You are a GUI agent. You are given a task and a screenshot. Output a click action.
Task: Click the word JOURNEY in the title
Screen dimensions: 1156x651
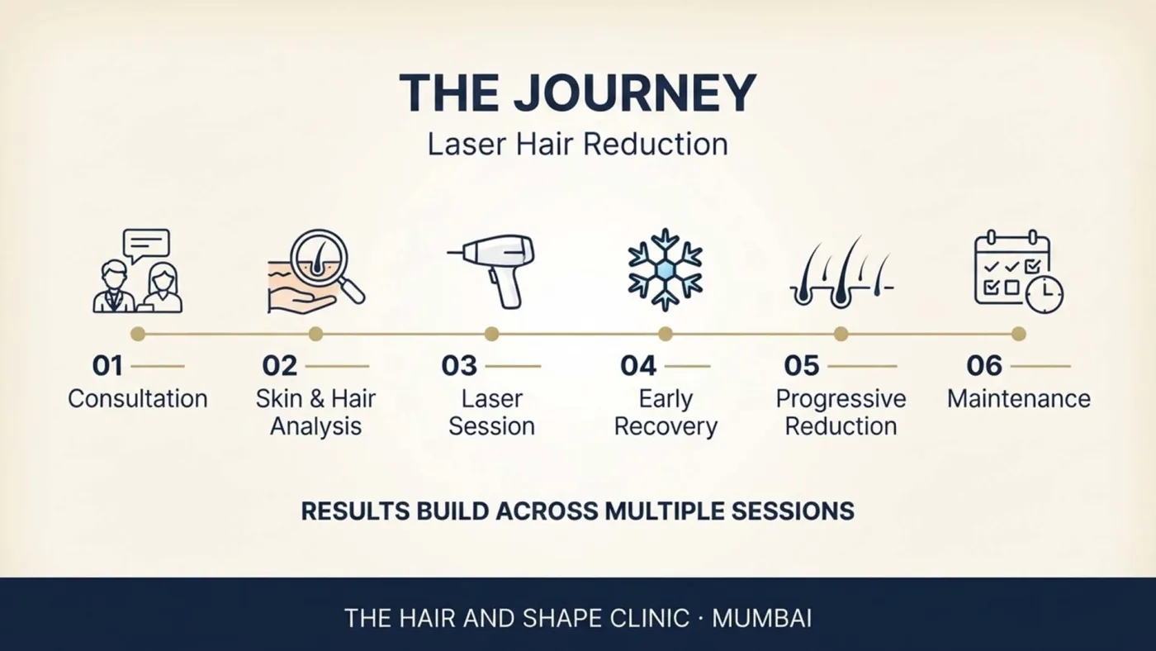tap(635, 93)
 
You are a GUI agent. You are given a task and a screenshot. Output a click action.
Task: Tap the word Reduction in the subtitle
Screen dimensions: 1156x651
tap(656, 144)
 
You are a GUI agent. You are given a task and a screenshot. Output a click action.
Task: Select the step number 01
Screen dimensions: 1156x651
tap(107, 366)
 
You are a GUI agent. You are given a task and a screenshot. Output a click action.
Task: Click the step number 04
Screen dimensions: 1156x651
tap(638, 366)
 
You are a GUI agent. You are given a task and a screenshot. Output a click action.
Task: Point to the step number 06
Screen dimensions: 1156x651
tap(984, 366)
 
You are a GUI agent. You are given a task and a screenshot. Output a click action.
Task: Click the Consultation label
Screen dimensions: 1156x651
tap(138, 399)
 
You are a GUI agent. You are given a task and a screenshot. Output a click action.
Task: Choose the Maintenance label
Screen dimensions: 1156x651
tap(1019, 399)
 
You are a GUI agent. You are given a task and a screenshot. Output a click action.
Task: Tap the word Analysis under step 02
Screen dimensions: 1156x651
tap(315, 427)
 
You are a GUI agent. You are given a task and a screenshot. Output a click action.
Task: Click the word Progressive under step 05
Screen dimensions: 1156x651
tap(841, 399)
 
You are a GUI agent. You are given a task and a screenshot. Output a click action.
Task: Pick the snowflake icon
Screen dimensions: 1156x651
tap(666, 270)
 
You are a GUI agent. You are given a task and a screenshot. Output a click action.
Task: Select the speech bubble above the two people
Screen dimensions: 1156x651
tap(147, 245)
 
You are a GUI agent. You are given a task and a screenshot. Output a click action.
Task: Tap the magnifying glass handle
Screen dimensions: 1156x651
tap(352, 291)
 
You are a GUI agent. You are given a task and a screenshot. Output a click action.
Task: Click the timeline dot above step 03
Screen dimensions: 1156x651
tap(492, 334)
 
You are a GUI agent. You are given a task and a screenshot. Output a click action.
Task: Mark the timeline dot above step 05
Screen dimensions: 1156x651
tap(841, 334)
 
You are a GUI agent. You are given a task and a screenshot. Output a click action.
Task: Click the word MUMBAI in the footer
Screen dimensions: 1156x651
tap(761, 619)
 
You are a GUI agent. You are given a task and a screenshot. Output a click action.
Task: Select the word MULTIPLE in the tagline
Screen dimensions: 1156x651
tap(665, 511)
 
